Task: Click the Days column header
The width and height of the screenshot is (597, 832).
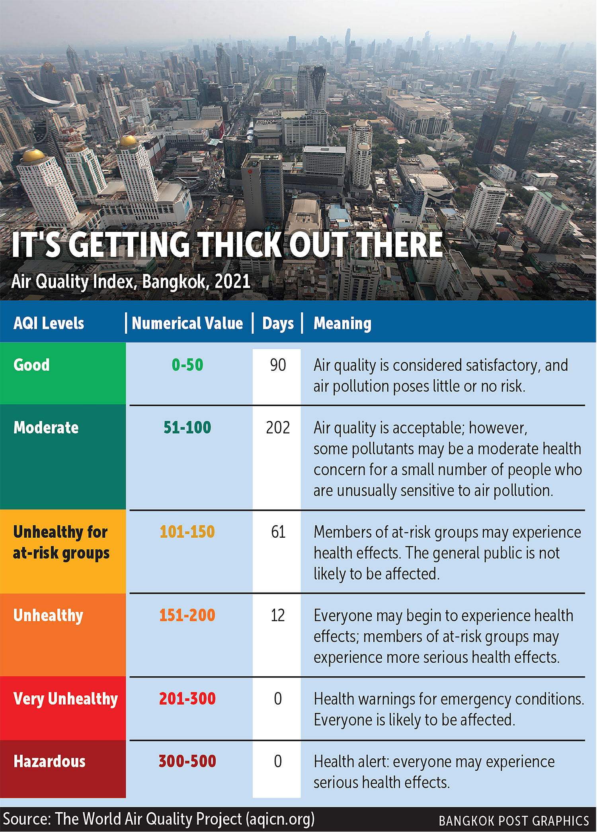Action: tap(278, 323)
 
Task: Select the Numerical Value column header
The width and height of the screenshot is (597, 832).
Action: tap(187, 323)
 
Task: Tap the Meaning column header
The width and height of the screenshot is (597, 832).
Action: tap(342, 323)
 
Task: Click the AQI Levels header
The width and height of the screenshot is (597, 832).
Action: tap(49, 323)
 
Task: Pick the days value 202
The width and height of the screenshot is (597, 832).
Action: tap(278, 428)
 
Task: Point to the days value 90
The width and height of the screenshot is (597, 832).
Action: tap(278, 365)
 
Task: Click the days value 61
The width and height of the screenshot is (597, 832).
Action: tap(278, 532)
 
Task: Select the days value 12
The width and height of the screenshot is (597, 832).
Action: tap(278, 616)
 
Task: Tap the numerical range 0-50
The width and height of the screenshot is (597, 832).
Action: tap(187, 365)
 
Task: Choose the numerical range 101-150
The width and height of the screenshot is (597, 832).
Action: tap(187, 532)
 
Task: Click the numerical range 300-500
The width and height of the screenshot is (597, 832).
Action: tap(187, 762)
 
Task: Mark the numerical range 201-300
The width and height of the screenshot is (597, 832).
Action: tap(187, 699)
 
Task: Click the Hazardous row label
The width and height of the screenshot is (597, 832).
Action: tap(49, 762)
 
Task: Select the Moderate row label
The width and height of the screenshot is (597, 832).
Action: tap(46, 428)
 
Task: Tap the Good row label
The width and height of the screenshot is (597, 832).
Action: tap(31, 365)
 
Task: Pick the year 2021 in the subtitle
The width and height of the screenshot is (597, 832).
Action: tap(232, 282)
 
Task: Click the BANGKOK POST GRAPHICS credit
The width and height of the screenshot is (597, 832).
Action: tap(513, 821)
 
